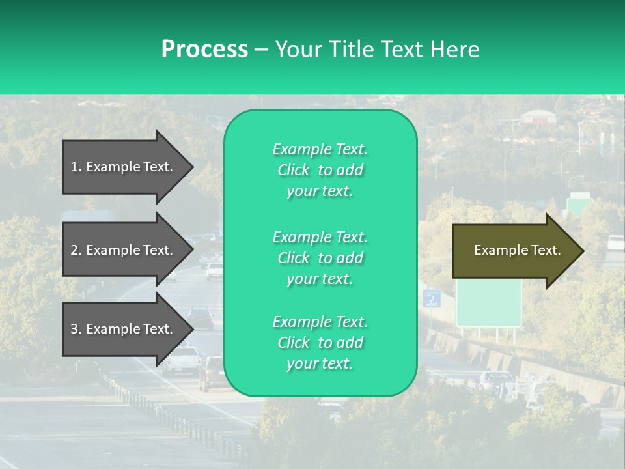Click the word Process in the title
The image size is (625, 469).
coord(204,50)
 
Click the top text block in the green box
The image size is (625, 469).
coord(320,170)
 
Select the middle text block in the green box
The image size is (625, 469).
coord(320,258)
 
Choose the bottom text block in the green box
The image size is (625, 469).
coord(320,343)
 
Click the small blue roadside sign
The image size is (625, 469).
coord(432,298)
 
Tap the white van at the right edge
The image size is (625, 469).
coord(615,242)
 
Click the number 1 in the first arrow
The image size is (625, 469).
coord(74,167)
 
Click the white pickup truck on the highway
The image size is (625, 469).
coord(182,360)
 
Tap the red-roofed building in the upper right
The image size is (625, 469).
coord(538,117)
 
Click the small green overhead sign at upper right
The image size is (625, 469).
coord(577,203)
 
